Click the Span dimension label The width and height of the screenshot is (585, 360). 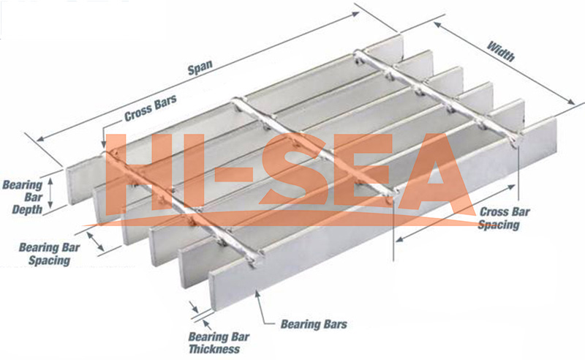[200, 67]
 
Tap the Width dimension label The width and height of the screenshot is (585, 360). [501, 51]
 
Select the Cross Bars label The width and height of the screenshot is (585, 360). [151, 108]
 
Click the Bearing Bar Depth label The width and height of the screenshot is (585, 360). [23, 197]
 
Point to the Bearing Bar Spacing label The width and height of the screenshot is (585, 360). [49, 254]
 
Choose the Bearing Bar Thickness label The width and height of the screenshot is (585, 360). [218, 343]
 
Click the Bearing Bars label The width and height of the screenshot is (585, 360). [314, 324]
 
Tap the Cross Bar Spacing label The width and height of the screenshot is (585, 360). [504, 218]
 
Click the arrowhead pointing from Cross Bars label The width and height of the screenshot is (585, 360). [104, 143]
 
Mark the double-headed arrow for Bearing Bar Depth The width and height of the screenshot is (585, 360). [50, 193]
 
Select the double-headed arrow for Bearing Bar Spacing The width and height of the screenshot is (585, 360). [96, 241]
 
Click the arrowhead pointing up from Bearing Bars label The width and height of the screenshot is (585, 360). [257, 294]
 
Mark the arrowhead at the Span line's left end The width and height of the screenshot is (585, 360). [40, 139]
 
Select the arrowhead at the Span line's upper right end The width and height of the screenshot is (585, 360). [355, 14]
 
